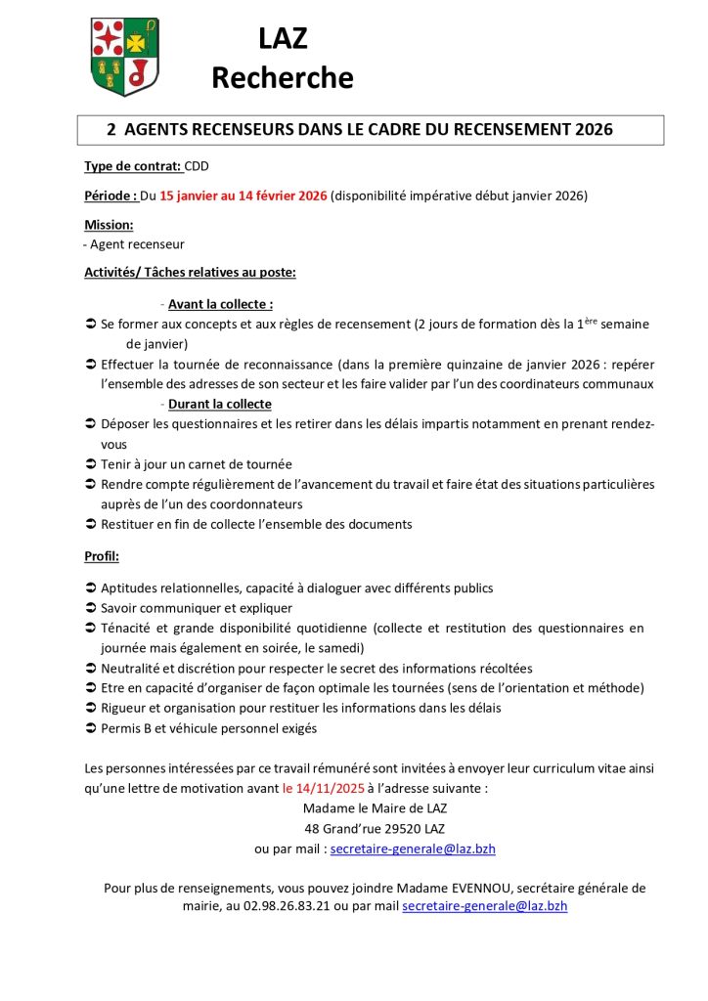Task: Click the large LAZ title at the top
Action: (x=283, y=39)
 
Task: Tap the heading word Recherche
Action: (x=283, y=77)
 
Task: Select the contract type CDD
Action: (x=197, y=166)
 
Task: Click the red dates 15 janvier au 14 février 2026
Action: (x=243, y=196)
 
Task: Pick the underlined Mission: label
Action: (x=109, y=225)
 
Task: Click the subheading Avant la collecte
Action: (x=220, y=304)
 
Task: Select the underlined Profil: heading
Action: (x=102, y=556)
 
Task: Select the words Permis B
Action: (x=128, y=727)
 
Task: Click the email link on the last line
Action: (x=484, y=906)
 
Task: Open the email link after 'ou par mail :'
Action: (x=413, y=849)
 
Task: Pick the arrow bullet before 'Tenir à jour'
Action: (x=90, y=464)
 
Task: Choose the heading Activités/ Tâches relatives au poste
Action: (x=190, y=273)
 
